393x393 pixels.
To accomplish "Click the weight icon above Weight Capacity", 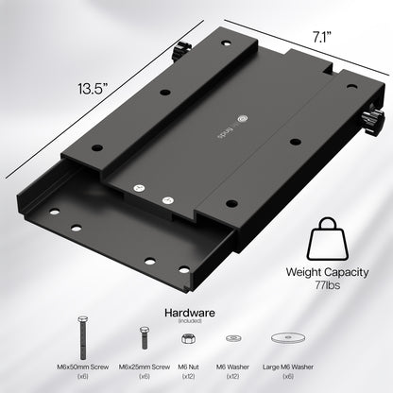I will [x=329, y=239].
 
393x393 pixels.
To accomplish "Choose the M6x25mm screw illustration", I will [x=144, y=337].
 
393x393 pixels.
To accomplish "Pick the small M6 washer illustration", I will [x=233, y=337].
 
